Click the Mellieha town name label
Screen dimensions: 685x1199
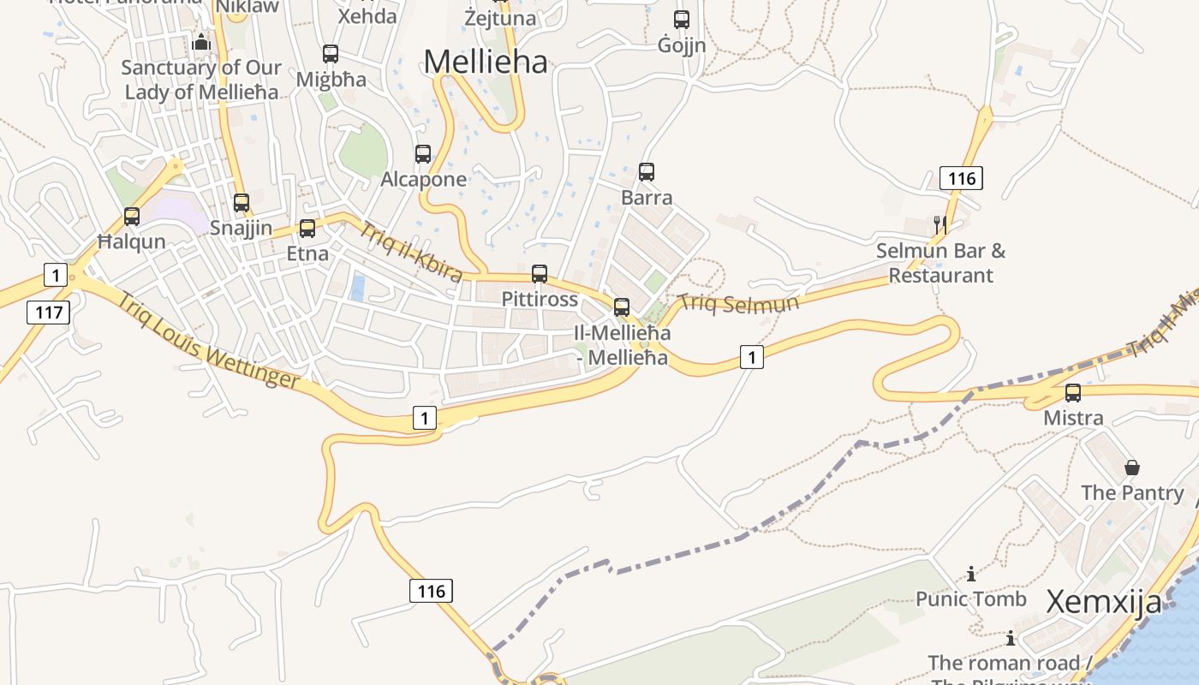point(485,62)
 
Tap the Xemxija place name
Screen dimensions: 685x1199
point(1104,602)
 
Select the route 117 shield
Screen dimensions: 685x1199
point(49,312)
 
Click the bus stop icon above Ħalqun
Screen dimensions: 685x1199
point(132,217)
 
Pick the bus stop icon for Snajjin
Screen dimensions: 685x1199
point(242,203)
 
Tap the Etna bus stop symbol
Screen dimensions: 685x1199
point(307,229)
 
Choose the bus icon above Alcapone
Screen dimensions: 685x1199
point(423,154)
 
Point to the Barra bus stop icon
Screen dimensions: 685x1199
point(647,172)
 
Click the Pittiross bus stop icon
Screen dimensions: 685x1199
point(540,274)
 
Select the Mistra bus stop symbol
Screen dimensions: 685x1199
point(1073,393)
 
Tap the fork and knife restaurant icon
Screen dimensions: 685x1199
point(940,225)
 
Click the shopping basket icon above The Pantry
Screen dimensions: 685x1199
point(1132,468)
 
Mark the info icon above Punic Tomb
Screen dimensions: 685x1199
point(971,574)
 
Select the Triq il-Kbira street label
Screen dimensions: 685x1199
point(411,252)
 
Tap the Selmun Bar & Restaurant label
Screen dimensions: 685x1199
point(940,263)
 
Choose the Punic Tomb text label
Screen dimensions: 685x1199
point(971,599)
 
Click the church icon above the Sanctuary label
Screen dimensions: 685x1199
point(202,41)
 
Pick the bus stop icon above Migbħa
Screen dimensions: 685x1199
point(331,54)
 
